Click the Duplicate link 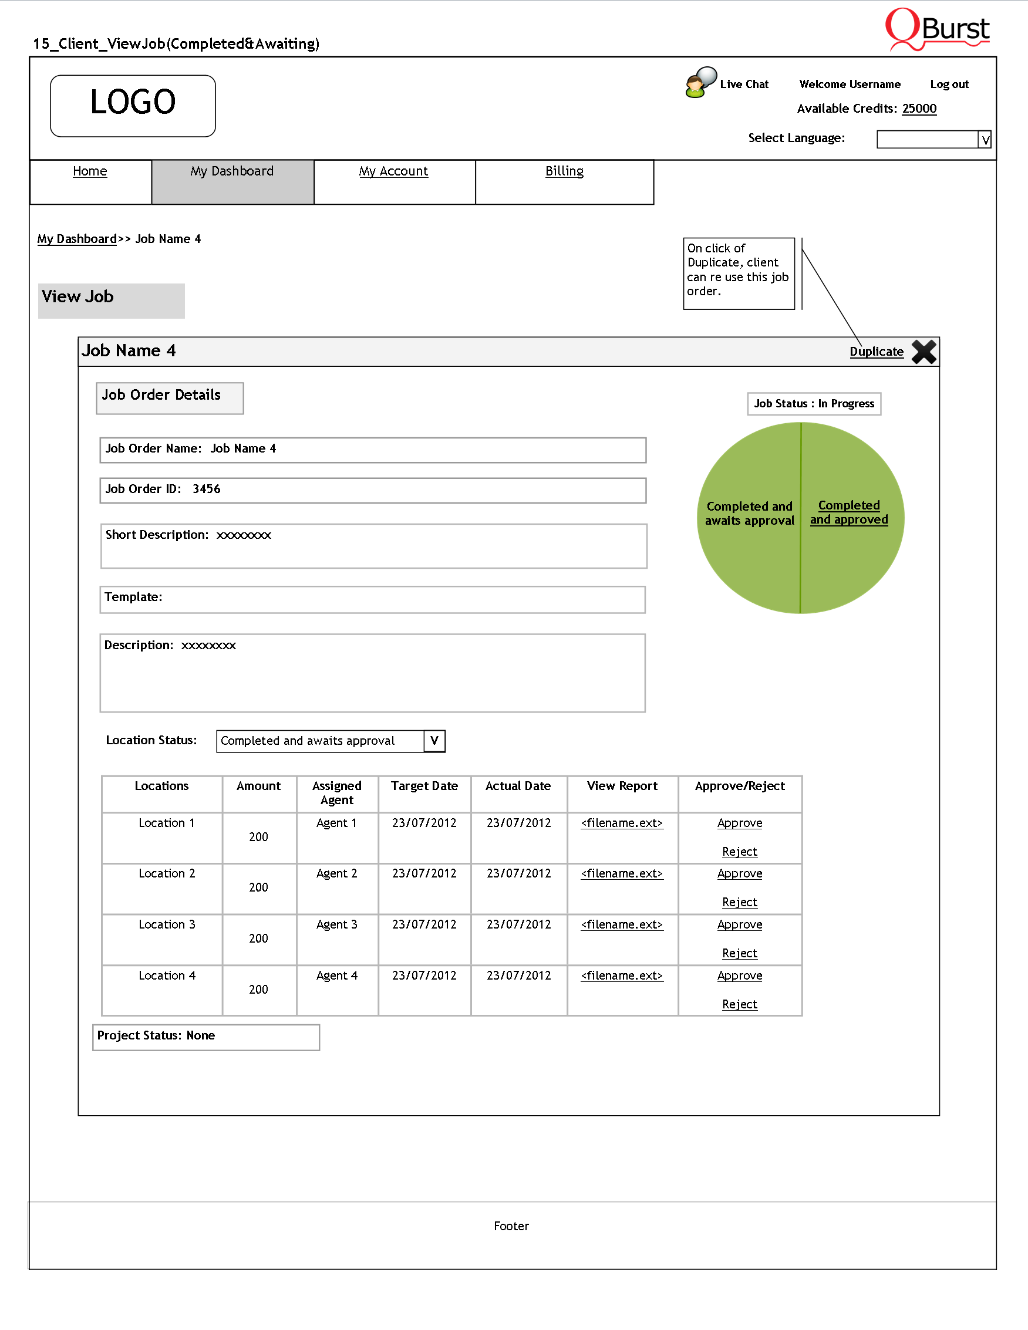pyautogui.click(x=876, y=352)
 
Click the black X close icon pyautogui.click(x=923, y=352)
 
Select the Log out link pyautogui.click(x=949, y=85)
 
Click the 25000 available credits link pyautogui.click(x=919, y=109)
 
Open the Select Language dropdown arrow pyautogui.click(x=985, y=140)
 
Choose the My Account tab pyautogui.click(x=393, y=171)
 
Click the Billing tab pyautogui.click(x=564, y=171)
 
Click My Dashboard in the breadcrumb pyautogui.click(x=77, y=239)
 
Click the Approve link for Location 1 pyautogui.click(x=739, y=823)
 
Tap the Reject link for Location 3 pyautogui.click(x=739, y=953)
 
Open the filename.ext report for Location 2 pyautogui.click(x=621, y=873)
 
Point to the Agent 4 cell pyautogui.click(x=337, y=975)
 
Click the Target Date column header pyautogui.click(x=424, y=786)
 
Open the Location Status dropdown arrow pyautogui.click(x=434, y=741)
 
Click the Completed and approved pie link pyautogui.click(x=848, y=512)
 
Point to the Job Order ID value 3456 pyautogui.click(x=207, y=489)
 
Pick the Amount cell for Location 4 pyautogui.click(x=258, y=990)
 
